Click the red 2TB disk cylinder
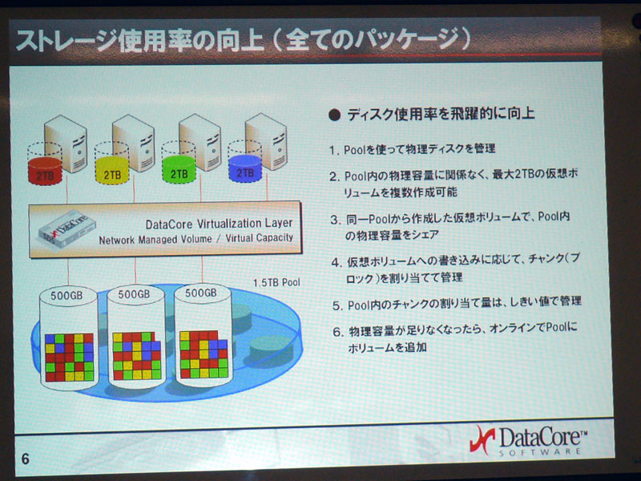tap(45, 171)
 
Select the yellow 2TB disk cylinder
tap(112, 170)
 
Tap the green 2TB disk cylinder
tap(179, 169)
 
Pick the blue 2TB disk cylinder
tap(245, 168)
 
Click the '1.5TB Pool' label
tap(276, 283)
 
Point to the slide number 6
tap(26, 459)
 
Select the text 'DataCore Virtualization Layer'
tap(219, 224)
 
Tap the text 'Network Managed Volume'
tap(155, 240)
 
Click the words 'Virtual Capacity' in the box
tap(259, 238)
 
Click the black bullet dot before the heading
tap(334, 115)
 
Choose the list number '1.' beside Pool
tap(335, 151)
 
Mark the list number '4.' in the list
tap(337, 263)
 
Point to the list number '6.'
tap(337, 332)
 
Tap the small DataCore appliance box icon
tap(67, 228)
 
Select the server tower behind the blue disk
tap(266, 141)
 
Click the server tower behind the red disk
tap(66, 143)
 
